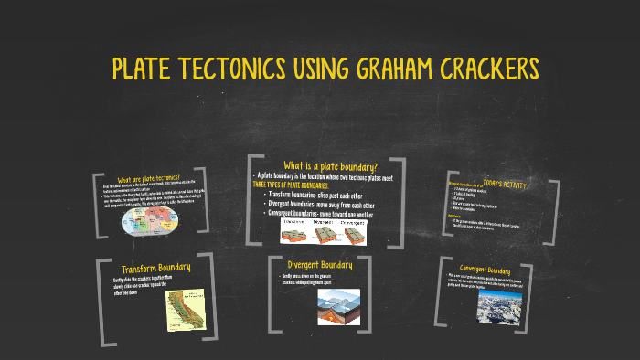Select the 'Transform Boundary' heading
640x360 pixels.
coord(156,268)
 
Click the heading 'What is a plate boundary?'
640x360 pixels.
coord(330,166)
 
